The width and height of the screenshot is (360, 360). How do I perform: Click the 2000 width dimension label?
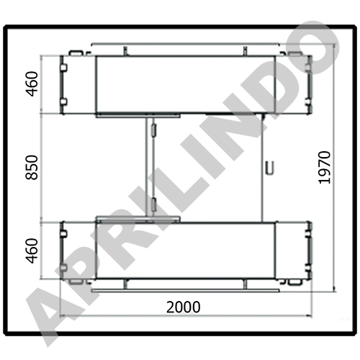click(184, 307)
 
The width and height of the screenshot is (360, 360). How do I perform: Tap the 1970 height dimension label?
click(325, 168)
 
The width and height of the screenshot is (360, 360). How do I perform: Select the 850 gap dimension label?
click(32, 168)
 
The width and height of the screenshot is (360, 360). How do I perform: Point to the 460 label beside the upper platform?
click(32, 84)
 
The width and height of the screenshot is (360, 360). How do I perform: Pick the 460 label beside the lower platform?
click(32, 251)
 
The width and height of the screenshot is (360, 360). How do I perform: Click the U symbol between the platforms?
click(269, 168)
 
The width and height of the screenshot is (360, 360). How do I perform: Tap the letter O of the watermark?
click(315, 48)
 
